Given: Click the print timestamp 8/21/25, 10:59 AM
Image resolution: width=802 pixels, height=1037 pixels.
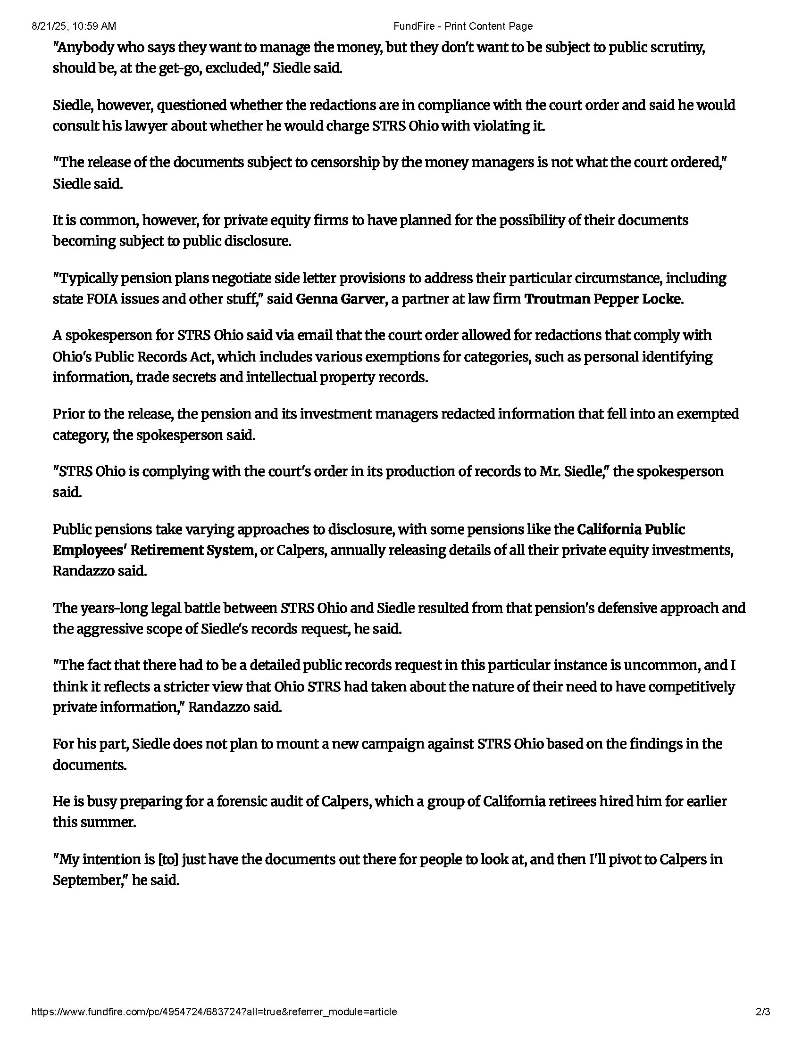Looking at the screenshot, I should [x=74, y=26].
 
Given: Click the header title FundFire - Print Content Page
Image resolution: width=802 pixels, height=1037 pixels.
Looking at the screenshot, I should [x=463, y=26].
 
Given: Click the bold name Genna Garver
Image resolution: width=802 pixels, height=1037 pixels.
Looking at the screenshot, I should [x=340, y=299].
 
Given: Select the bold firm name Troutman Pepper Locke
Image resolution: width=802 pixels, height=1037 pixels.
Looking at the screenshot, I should [x=602, y=299].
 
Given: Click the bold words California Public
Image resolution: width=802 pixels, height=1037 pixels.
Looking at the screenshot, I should [x=631, y=529].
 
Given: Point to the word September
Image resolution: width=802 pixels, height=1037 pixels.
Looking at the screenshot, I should [x=88, y=881].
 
